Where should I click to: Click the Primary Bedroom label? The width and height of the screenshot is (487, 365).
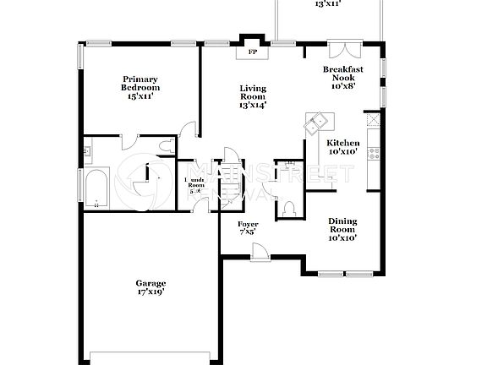click(140, 88)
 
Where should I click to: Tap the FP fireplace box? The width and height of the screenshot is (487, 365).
click(252, 52)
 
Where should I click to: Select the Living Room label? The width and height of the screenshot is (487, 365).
click(252, 96)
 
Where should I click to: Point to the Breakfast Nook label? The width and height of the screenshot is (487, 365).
click(343, 77)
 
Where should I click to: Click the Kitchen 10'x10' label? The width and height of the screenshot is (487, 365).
click(343, 148)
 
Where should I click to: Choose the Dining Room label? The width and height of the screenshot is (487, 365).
click(342, 229)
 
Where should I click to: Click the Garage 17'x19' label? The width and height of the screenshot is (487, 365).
click(150, 287)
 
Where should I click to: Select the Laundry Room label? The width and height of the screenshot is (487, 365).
click(195, 186)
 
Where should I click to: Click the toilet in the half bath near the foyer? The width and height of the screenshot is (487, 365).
click(288, 206)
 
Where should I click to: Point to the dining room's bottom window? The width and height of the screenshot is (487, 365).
click(346, 273)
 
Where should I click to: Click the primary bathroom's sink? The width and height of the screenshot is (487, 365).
click(88, 152)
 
